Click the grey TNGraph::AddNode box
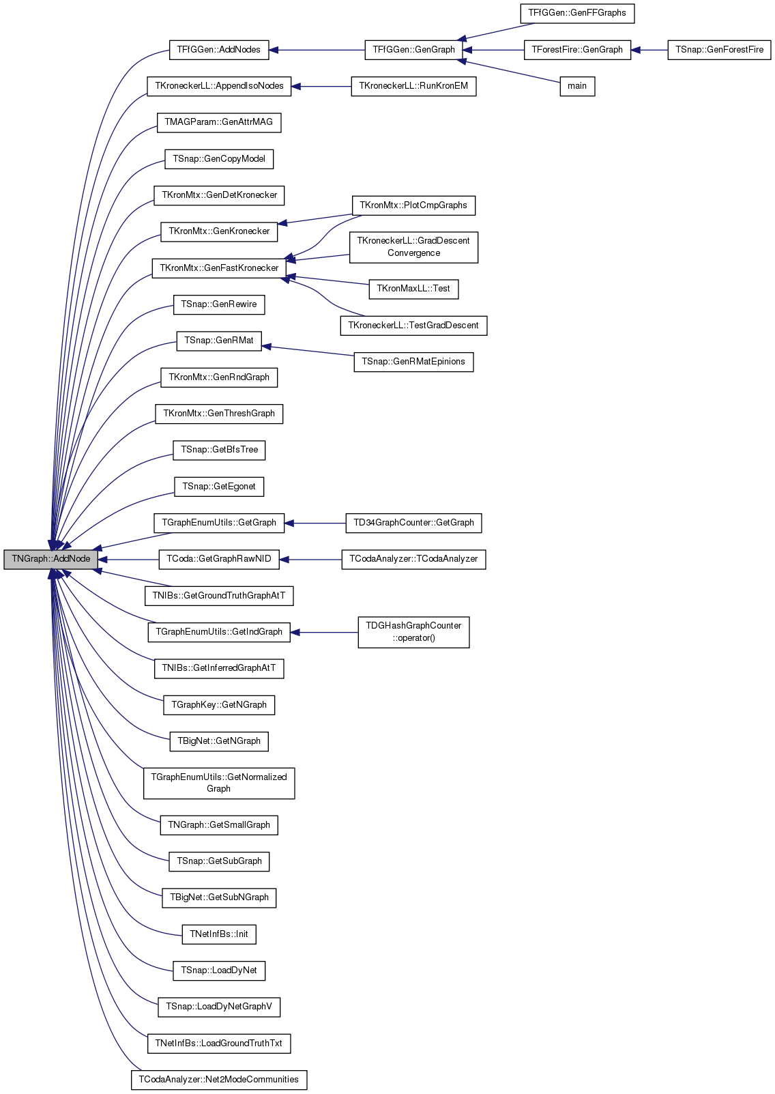click(x=50, y=559)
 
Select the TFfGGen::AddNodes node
click(x=219, y=50)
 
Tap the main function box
click(x=577, y=87)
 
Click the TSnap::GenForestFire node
click(x=719, y=50)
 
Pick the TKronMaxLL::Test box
click(x=413, y=289)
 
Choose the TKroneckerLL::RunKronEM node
click(x=413, y=87)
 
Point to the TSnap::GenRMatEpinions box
click(x=413, y=362)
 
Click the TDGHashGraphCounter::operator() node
click(x=413, y=633)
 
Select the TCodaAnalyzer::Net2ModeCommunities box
click(x=219, y=1080)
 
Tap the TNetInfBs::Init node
click(x=219, y=934)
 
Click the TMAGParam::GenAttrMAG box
click(x=219, y=123)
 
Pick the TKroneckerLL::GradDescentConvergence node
click(x=413, y=247)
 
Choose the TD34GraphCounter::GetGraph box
click(x=413, y=523)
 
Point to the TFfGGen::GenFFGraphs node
click(x=577, y=13)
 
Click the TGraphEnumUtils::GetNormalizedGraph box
click(x=219, y=783)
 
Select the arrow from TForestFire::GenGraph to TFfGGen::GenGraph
click(x=493, y=50)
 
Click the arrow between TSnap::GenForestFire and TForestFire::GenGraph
click(x=649, y=50)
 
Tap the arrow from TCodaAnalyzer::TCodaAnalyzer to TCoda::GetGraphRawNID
click(x=310, y=559)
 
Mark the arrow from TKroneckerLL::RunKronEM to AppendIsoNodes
click(x=321, y=87)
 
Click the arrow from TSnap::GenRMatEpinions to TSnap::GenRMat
click(x=308, y=351)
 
